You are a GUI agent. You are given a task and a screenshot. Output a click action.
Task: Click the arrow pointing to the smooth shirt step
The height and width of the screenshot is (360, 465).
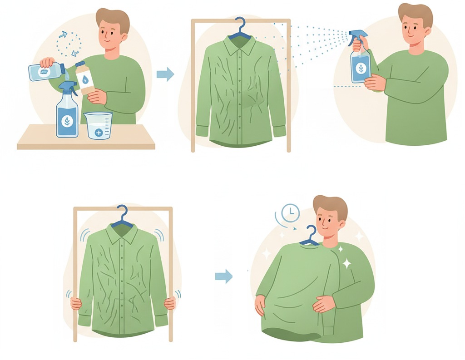(x=223, y=276)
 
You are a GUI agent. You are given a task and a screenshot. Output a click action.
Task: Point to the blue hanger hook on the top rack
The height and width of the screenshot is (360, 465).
(x=240, y=27)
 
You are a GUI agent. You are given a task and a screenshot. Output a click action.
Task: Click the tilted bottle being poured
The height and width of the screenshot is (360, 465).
(x=45, y=72)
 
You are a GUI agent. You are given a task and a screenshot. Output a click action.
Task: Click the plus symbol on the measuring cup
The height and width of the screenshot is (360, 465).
(x=99, y=133)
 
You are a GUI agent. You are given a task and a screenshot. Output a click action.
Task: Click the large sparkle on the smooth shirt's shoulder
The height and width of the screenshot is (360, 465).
(x=346, y=263)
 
